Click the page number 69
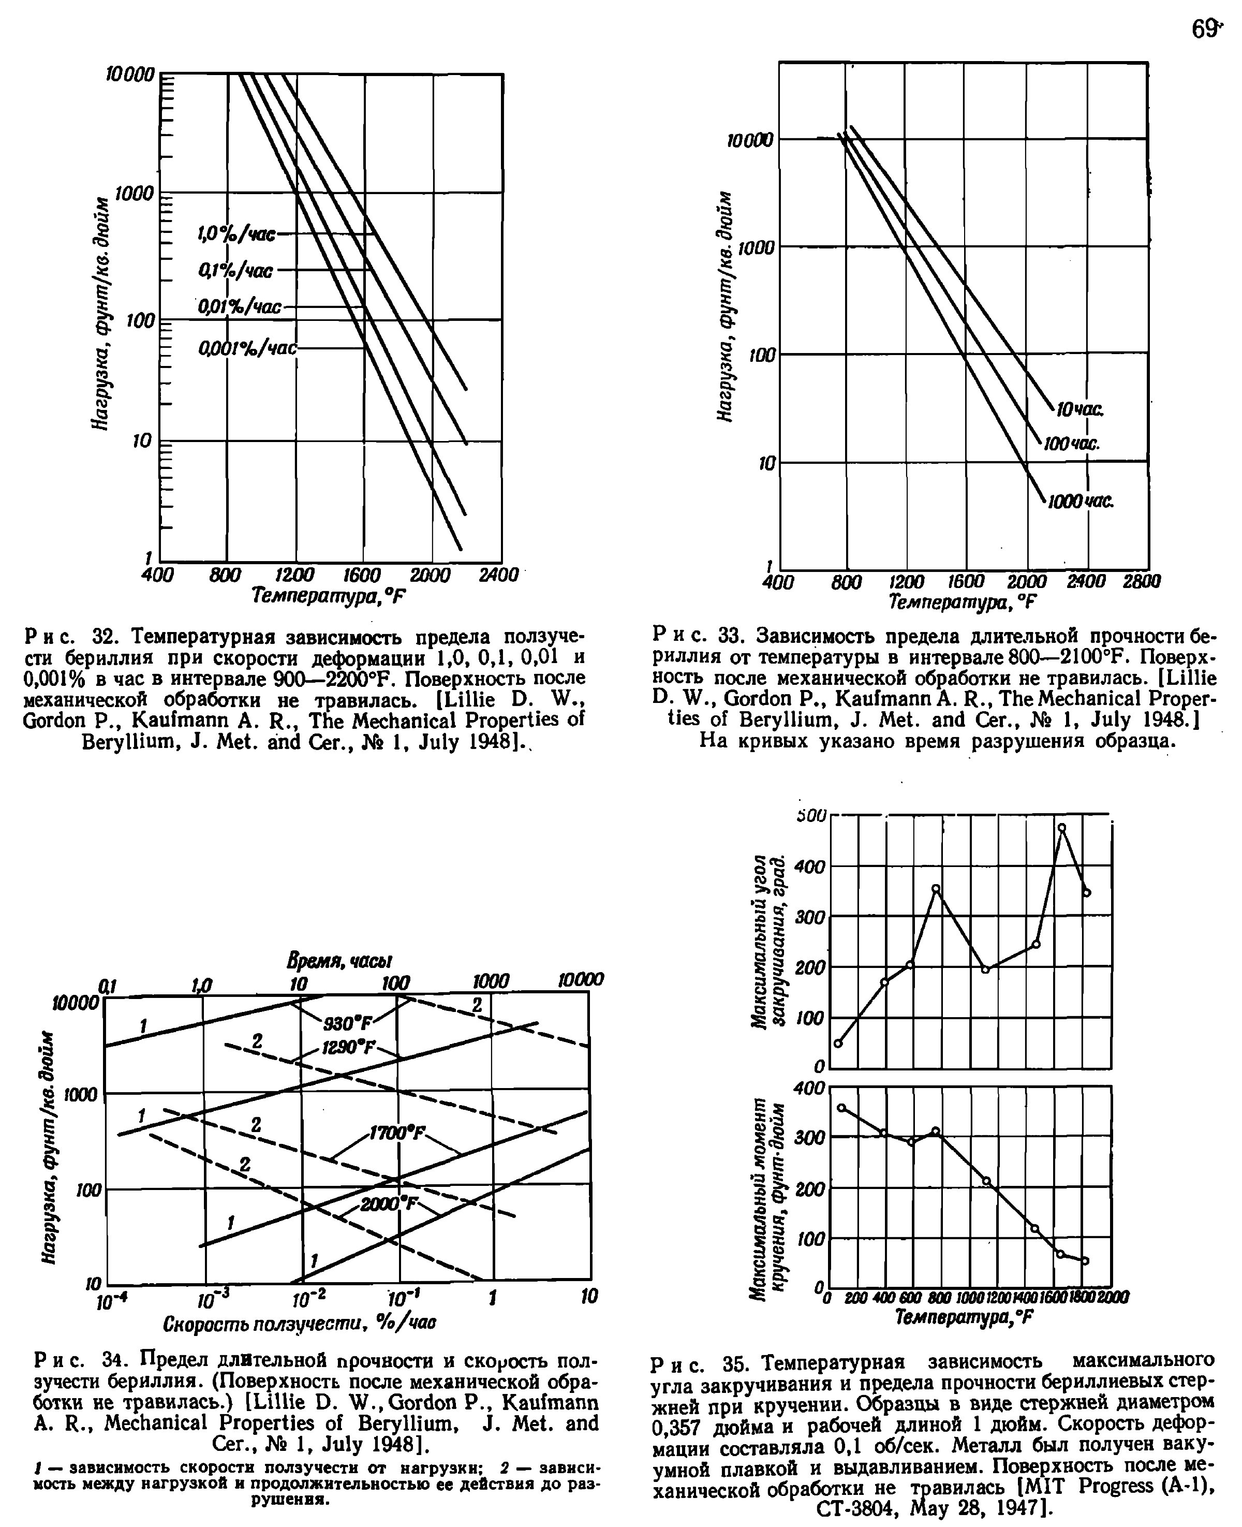[1204, 30]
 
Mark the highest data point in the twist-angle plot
[1062, 828]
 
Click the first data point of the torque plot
[842, 1108]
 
